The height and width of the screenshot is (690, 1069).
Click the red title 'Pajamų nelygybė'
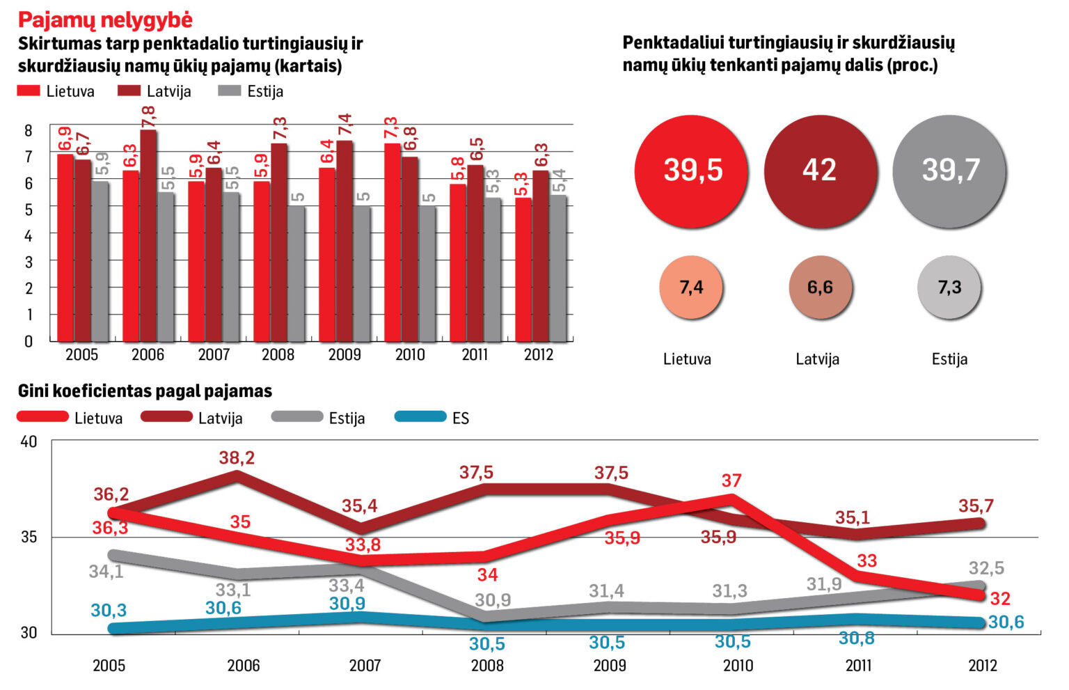[106, 20]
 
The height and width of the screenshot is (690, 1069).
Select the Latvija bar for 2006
[148, 235]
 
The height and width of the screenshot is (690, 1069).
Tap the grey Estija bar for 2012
[558, 268]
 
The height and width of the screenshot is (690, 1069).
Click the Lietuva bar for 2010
[393, 242]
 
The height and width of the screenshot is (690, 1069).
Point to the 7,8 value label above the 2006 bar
[148, 117]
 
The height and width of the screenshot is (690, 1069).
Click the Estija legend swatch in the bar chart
[229, 91]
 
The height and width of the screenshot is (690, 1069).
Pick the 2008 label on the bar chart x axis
[278, 355]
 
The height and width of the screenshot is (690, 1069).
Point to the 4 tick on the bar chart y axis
[29, 236]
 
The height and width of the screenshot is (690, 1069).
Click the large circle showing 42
[821, 171]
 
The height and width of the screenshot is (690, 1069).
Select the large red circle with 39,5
[691, 171]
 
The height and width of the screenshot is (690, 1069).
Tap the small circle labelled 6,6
[821, 287]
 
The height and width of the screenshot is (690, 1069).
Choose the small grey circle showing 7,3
[949, 287]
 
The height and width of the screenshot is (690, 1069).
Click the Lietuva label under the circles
[687, 359]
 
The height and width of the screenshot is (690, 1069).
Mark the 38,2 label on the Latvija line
[237, 458]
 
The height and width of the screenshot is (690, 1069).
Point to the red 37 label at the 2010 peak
[731, 480]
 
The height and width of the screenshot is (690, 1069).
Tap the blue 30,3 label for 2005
[109, 610]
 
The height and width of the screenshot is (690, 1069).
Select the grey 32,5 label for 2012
[986, 568]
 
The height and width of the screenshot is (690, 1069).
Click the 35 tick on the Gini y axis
[29, 538]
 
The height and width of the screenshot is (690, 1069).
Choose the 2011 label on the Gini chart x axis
[858, 666]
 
